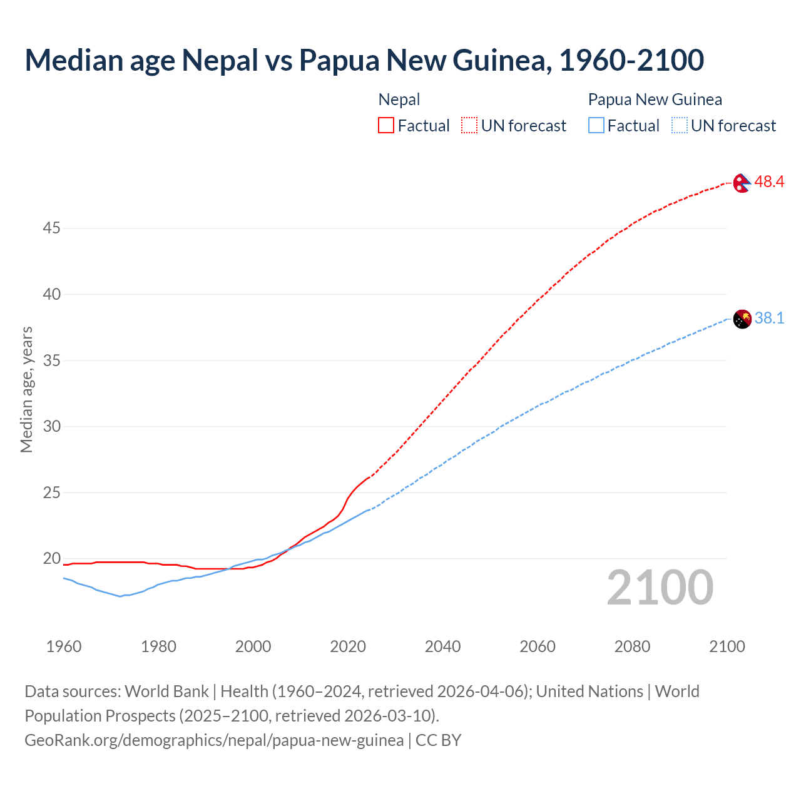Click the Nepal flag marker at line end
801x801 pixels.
[x=742, y=183]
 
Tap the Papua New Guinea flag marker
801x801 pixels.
[x=742, y=319]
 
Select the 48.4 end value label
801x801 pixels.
[x=769, y=182]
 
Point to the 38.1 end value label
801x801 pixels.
[x=769, y=319]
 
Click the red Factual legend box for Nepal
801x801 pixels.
[x=386, y=126]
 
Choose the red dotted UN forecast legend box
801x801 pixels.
[x=469, y=126]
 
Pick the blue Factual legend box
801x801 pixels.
[x=596, y=126]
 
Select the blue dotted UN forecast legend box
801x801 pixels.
[x=679, y=126]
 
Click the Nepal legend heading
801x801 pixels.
[x=399, y=99]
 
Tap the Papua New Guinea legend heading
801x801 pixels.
[x=655, y=99]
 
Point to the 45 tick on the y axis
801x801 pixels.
[x=51, y=228]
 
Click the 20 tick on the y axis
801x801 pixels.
[x=51, y=558]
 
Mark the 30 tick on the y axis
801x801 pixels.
[x=51, y=426]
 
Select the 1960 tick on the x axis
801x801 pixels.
[x=64, y=646]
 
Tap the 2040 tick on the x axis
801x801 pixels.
[x=442, y=646]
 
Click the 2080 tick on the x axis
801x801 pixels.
[x=632, y=646]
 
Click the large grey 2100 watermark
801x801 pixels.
[x=660, y=588]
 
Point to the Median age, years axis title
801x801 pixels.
[x=26, y=389]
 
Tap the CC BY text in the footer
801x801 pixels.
[x=438, y=740]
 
